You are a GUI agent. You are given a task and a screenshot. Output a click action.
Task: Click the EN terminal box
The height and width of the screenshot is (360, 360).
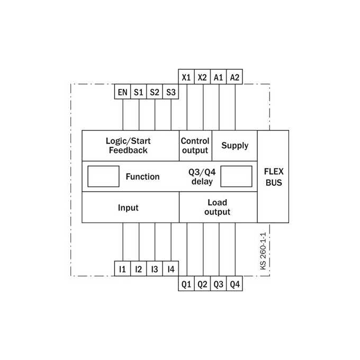(122, 92)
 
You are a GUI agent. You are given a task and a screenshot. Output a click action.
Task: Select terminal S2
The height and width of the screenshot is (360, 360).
(155, 92)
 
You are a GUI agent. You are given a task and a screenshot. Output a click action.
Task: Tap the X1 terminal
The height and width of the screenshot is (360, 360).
(186, 77)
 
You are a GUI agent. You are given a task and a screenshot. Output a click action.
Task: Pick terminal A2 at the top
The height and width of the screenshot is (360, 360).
(235, 77)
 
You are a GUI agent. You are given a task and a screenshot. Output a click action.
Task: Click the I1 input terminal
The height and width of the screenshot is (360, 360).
(122, 268)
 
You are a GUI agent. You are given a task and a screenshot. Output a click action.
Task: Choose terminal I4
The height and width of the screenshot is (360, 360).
(170, 268)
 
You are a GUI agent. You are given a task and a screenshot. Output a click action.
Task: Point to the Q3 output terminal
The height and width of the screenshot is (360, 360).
(218, 284)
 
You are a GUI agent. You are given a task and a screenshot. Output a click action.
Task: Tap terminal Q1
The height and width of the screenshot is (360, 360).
(186, 284)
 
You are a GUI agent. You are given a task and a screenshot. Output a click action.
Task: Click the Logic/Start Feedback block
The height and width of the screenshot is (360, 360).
(130, 146)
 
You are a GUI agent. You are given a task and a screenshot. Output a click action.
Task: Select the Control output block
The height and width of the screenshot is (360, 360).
(195, 146)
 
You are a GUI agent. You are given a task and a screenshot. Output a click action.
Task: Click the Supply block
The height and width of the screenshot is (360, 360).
(235, 146)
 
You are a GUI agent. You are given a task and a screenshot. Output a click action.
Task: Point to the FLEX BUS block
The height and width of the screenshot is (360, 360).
(273, 176)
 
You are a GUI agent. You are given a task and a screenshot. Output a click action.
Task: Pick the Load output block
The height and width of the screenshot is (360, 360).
(218, 207)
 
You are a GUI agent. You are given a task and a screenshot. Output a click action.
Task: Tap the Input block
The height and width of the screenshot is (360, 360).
(130, 207)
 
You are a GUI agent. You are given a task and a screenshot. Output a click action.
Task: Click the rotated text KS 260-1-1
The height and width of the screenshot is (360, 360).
(263, 251)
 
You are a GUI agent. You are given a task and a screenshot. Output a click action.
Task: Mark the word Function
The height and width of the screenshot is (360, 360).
(142, 176)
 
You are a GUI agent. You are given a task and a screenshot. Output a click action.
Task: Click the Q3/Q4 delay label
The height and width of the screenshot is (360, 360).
(202, 176)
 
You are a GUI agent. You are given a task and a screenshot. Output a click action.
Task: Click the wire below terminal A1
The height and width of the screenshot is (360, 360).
(219, 107)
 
